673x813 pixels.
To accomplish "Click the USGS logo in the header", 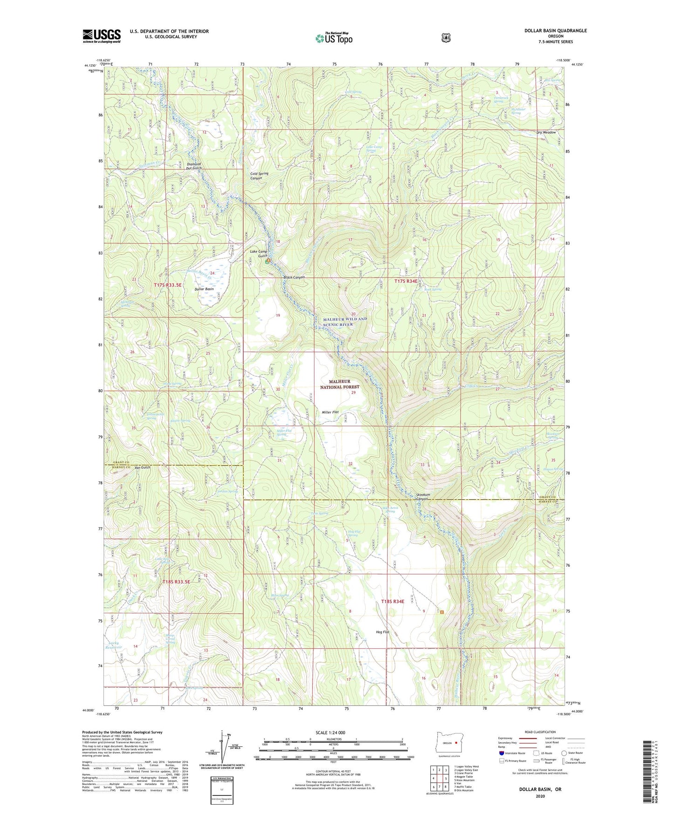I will point(102,36).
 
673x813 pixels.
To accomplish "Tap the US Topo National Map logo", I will point(333,38).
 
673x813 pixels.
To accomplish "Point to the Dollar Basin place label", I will point(204,289).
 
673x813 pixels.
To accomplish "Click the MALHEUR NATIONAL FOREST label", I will point(340,384).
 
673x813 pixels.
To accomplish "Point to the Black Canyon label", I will point(294,278).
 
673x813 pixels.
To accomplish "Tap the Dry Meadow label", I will point(546,133).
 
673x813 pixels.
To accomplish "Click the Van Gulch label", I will point(143,467).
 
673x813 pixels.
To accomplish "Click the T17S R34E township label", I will point(409,281).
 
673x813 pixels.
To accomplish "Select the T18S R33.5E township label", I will point(177,582).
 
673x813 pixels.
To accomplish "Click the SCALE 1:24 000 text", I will point(333,733).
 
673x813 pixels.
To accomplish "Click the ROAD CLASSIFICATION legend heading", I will point(540,732).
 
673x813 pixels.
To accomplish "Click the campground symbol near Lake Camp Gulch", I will point(268,261).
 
